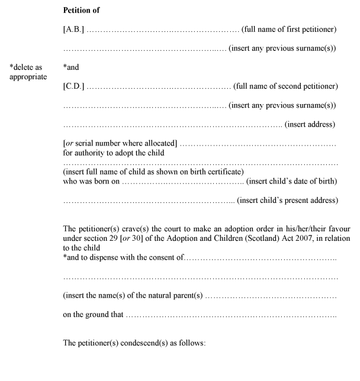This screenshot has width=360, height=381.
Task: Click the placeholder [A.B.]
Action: pyautogui.click(x=74, y=30)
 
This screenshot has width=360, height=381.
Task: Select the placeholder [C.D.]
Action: pyautogui.click(x=74, y=87)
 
